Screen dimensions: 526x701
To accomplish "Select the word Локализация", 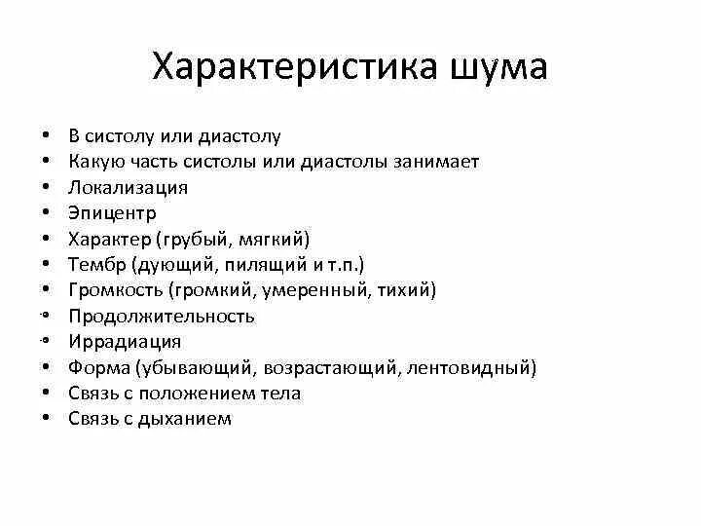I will point(128,187).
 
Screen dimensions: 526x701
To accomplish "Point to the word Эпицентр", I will point(113,212).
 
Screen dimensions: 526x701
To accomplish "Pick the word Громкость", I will point(116,290).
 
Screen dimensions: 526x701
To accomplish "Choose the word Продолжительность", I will point(162,316).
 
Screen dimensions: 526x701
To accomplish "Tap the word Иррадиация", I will point(125,342).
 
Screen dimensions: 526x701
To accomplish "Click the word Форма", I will point(99,368).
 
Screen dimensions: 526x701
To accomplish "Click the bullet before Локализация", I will point(46,187).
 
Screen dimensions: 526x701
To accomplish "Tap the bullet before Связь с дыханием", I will point(46,420).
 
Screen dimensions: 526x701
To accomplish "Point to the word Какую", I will point(94,161).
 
